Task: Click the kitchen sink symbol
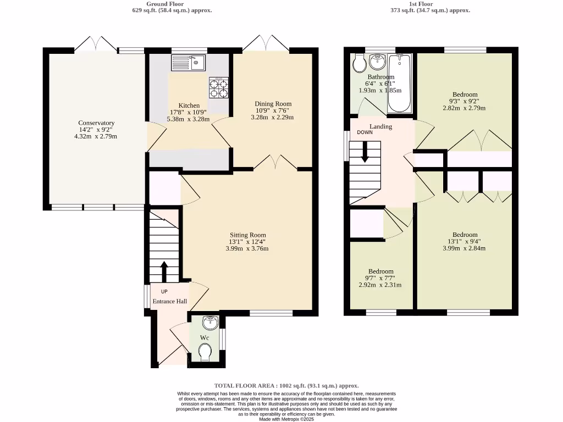click(188, 63)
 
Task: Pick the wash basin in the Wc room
click(211, 322)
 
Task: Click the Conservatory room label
click(96, 123)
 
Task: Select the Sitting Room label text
click(246, 234)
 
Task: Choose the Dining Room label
click(273, 104)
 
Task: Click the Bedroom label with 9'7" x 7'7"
click(380, 271)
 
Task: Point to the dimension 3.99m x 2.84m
click(464, 248)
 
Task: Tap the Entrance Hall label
click(170, 301)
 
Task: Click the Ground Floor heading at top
click(173, 3)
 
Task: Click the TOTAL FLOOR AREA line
click(286, 386)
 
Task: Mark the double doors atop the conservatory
click(96, 44)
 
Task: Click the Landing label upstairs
click(380, 127)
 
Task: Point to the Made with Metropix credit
click(286, 419)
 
